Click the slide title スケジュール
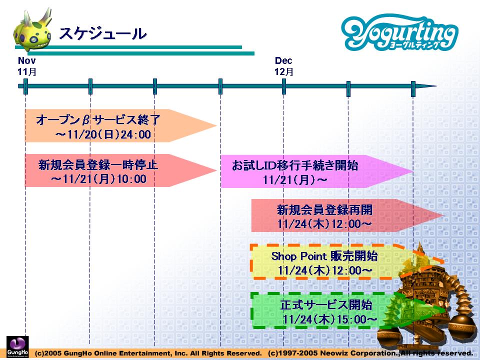pyautogui.click(x=103, y=33)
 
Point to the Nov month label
pyautogui.click(x=26, y=60)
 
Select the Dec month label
pyautogui.click(x=283, y=60)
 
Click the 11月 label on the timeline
pyautogui.click(x=27, y=71)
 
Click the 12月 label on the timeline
pyautogui.click(x=284, y=71)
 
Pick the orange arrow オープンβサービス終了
pyautogui.click(x=120, y=125)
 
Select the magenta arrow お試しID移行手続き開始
pyautogui.click(x=316, y=171)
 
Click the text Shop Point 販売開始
pyautogui.click(x=324, y=256)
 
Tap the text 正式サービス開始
pyautogui.click(x=326, y=304)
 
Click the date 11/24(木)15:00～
pyautogui.click(x=329, y=319)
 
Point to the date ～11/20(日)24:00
pyautogui.click(x=103, y=134)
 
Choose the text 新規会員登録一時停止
pyautogui.click(x=98, y=164)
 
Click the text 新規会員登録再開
pyautogui.click(x=325, y=209)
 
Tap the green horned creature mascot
pyautogui.click(x=32, y=30)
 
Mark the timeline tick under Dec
pyautogui.click(x=284, y=86)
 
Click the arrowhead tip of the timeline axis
pyautogui.click(x=436, y=86)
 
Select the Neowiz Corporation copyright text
pyautogui.click(x=370, y=353)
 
